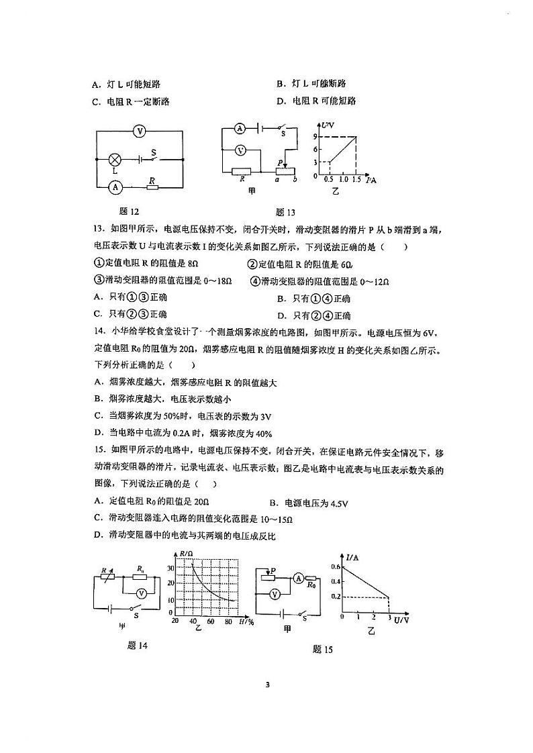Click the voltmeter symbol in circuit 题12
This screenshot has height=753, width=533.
tap(139, 132)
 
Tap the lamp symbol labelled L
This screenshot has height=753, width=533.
tap(115, 160)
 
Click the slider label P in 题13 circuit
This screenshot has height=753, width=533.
tap(280, 162)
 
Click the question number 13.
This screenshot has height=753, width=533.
tap(97, 230)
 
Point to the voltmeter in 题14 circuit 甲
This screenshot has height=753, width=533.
tap(141, 594)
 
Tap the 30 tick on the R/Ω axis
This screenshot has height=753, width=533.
tap(171, 567)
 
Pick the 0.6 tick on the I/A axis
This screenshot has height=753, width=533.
tap(336, 567)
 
